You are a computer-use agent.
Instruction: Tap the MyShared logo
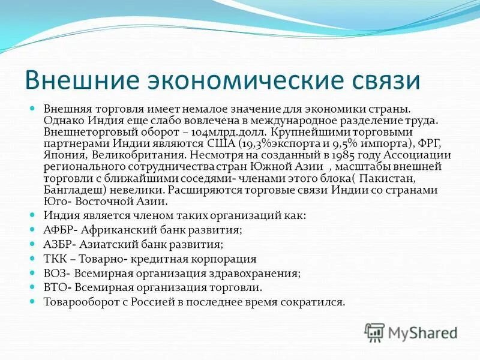tap(411, 332)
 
